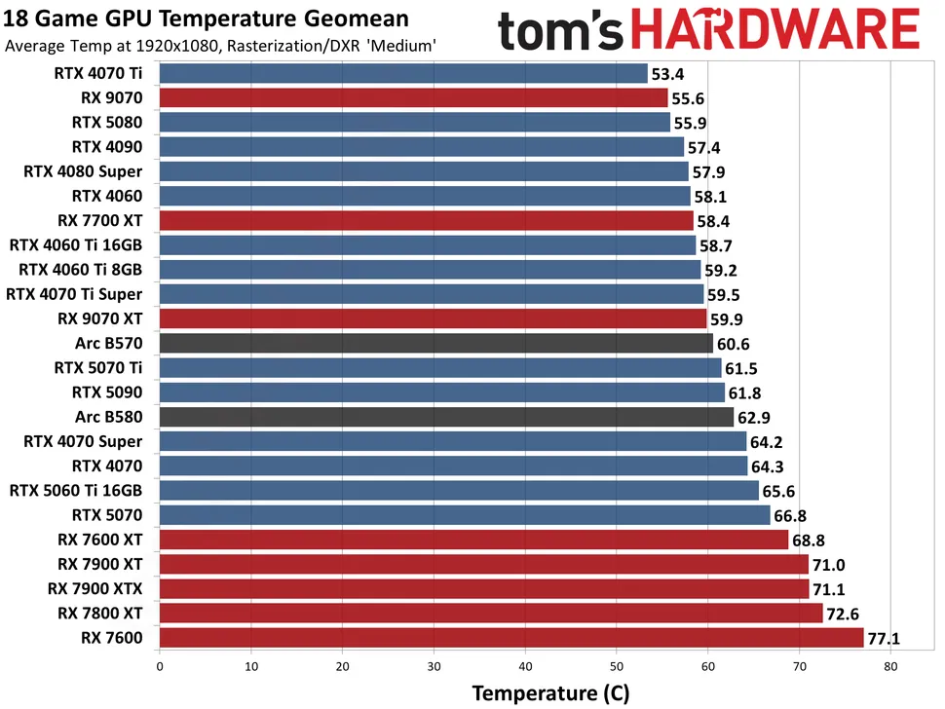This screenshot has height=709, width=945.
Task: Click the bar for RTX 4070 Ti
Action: (x=402, y=73)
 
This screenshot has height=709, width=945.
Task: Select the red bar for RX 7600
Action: (x=510, y=638)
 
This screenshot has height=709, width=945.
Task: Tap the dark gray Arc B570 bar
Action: (x=435, y=343)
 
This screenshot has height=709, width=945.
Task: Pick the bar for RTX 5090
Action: (x=441, y=392)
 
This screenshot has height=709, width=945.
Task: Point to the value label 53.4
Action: (x=669, y=73)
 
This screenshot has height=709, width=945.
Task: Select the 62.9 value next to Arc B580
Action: (x=756, y=417)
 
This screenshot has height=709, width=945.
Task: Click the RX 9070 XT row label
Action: (x=100, y=318)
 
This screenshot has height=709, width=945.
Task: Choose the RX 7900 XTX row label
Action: (x=94, y=588)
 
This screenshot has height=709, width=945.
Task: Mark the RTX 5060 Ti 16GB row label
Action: (x=76, y=490)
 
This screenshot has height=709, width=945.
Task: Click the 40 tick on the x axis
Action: (x=525, y=667)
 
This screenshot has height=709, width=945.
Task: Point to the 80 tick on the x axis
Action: (x=890, y=667)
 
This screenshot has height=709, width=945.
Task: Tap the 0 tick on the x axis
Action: (x=160, y=667)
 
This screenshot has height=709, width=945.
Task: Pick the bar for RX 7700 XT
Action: (x=426, y=220)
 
